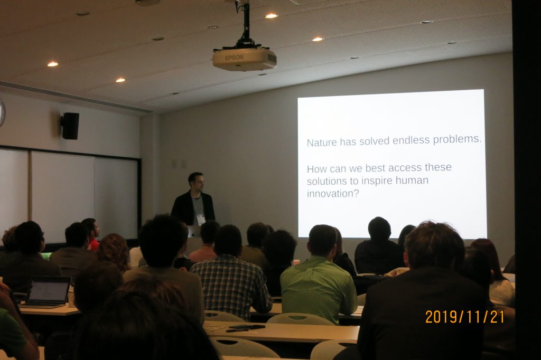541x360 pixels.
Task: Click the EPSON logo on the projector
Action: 234,58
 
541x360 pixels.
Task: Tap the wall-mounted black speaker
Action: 70,126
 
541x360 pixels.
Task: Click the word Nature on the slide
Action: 322,143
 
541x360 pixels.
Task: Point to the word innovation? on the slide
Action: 333,193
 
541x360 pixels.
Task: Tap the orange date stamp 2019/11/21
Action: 464,317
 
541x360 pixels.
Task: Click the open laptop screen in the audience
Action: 49,290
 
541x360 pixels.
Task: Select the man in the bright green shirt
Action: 319,274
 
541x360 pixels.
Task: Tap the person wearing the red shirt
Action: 92,234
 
